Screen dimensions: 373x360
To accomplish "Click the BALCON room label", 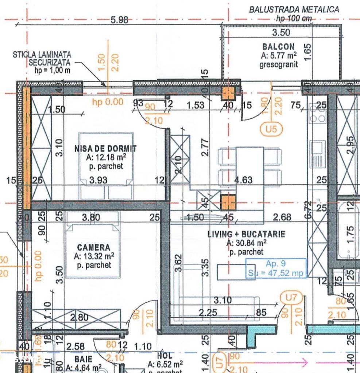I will click(x=278, y=47).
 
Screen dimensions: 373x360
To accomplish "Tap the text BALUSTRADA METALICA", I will click(x=294, y=9).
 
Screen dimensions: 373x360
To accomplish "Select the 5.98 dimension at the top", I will click(x=119, y=20).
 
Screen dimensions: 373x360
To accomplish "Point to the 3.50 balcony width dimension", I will click(x=281, y=32).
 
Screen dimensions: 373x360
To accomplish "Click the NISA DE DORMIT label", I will click(x=105, y=149).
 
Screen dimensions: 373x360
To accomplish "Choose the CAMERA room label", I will click(x=93, y=247).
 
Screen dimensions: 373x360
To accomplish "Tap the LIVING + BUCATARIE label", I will click(x=246, y=234).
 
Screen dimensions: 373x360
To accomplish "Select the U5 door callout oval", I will click(x=271, y=128).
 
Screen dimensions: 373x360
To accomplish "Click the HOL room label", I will click(x=165, y=355).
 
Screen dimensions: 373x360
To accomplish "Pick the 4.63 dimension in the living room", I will click(x=243, y=180).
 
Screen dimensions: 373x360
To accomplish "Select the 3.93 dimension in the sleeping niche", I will click(x=98, y=180).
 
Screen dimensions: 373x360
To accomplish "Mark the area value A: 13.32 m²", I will click(x=94, y=256).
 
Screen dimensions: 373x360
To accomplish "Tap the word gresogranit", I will click(x=278, y=64).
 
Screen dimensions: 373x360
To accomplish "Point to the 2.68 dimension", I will click(x=282, y=217).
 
